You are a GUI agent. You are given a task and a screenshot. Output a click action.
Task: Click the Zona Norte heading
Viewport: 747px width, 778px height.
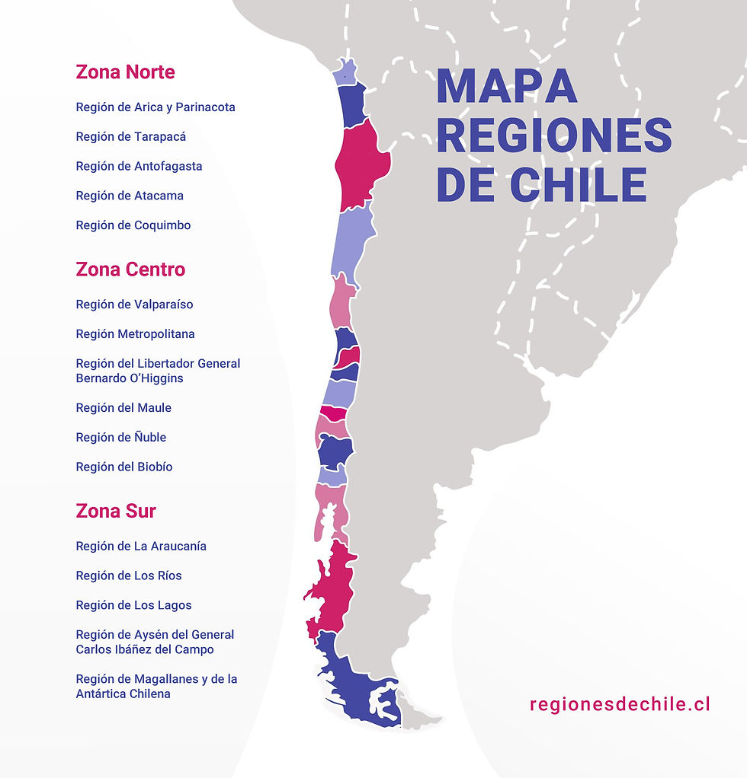125,72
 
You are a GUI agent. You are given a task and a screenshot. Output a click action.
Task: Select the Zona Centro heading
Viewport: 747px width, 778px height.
130,269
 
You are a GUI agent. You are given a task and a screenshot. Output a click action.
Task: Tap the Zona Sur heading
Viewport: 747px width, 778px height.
116,511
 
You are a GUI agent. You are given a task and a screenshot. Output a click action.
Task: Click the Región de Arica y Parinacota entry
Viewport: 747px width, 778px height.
155,107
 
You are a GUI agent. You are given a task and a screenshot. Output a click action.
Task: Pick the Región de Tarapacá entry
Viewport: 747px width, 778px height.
131,137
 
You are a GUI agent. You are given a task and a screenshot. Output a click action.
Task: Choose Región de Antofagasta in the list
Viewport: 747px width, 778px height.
139,166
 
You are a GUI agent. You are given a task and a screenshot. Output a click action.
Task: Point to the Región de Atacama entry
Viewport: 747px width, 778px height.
130,196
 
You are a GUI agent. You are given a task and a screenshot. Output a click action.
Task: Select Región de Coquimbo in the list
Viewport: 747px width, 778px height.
133,225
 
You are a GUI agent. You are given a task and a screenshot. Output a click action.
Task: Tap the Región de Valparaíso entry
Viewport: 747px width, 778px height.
134,305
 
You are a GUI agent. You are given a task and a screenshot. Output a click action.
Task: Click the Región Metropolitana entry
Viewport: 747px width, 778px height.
135,334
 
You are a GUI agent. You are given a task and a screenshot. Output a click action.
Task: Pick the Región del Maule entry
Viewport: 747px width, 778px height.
123,408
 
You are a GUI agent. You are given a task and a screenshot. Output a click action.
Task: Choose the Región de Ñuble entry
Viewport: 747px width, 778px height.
121,438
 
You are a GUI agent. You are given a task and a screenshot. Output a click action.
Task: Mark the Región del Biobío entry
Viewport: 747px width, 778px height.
124,467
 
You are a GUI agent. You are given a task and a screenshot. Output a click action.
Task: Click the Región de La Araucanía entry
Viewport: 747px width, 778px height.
141,547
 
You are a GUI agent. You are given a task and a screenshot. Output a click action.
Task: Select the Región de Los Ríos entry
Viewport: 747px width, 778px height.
129,576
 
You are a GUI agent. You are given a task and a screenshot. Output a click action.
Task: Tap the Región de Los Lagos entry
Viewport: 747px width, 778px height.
133,605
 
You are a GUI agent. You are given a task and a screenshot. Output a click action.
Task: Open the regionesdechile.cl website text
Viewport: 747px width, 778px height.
620,704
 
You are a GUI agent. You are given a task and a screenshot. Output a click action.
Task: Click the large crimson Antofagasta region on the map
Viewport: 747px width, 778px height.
363,164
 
